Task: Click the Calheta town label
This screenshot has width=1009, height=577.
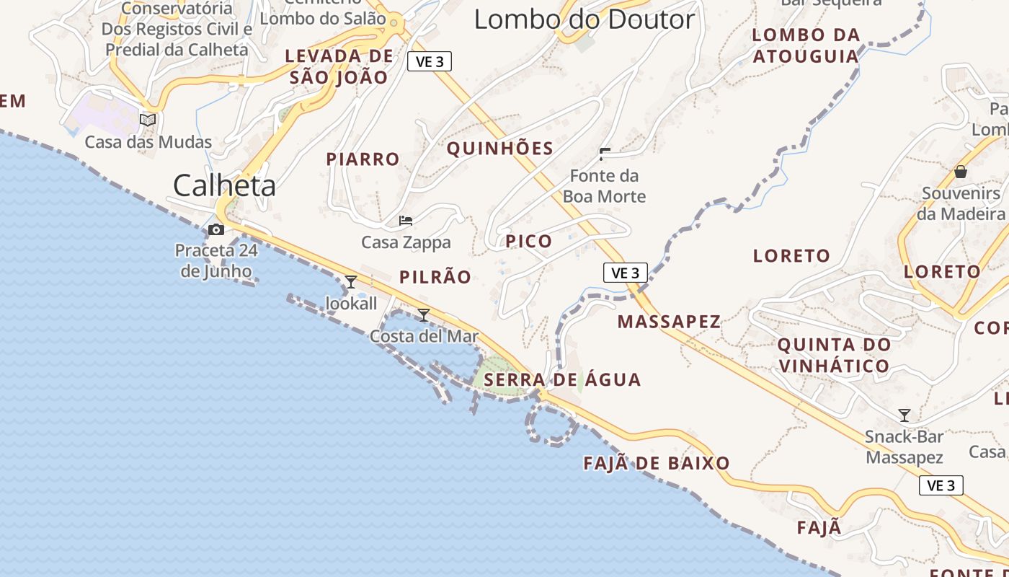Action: tap(224, 185)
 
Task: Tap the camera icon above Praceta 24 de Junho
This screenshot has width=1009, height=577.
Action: tap(215, 230)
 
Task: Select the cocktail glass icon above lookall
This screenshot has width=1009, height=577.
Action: tap(351, 282)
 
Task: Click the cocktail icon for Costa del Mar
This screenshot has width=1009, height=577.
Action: tap(424, 315)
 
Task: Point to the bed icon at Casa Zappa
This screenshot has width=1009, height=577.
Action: tap(406, 221)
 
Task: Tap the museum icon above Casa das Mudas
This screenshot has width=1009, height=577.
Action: tap(148, 120)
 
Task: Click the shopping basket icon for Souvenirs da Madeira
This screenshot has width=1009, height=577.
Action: tap(961, 172)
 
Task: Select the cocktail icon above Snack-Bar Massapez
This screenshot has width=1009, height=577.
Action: tap(904, 415)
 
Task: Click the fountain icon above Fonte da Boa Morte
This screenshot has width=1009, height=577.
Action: tap(604, 154)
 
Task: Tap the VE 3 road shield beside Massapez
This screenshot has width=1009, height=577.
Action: tap(625, 273)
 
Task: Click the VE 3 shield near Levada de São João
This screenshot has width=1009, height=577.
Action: tap(430, 62)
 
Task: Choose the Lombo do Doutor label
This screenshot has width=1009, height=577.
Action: tap(584, 19)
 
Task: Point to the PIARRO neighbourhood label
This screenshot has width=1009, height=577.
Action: tap(363, 159)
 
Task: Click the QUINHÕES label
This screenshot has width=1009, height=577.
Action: tap(500, 149)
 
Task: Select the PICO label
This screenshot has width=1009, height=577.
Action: tap(529, 241)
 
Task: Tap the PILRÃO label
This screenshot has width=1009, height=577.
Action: tap(435, 277)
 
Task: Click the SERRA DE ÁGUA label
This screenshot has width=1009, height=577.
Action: tap(562, 380)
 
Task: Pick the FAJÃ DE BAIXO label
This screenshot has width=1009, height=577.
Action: tap(657, 463)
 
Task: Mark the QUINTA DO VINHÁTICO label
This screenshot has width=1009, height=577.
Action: tap(834, 355)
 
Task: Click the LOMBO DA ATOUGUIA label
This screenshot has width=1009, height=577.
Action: tap(806, 45)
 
